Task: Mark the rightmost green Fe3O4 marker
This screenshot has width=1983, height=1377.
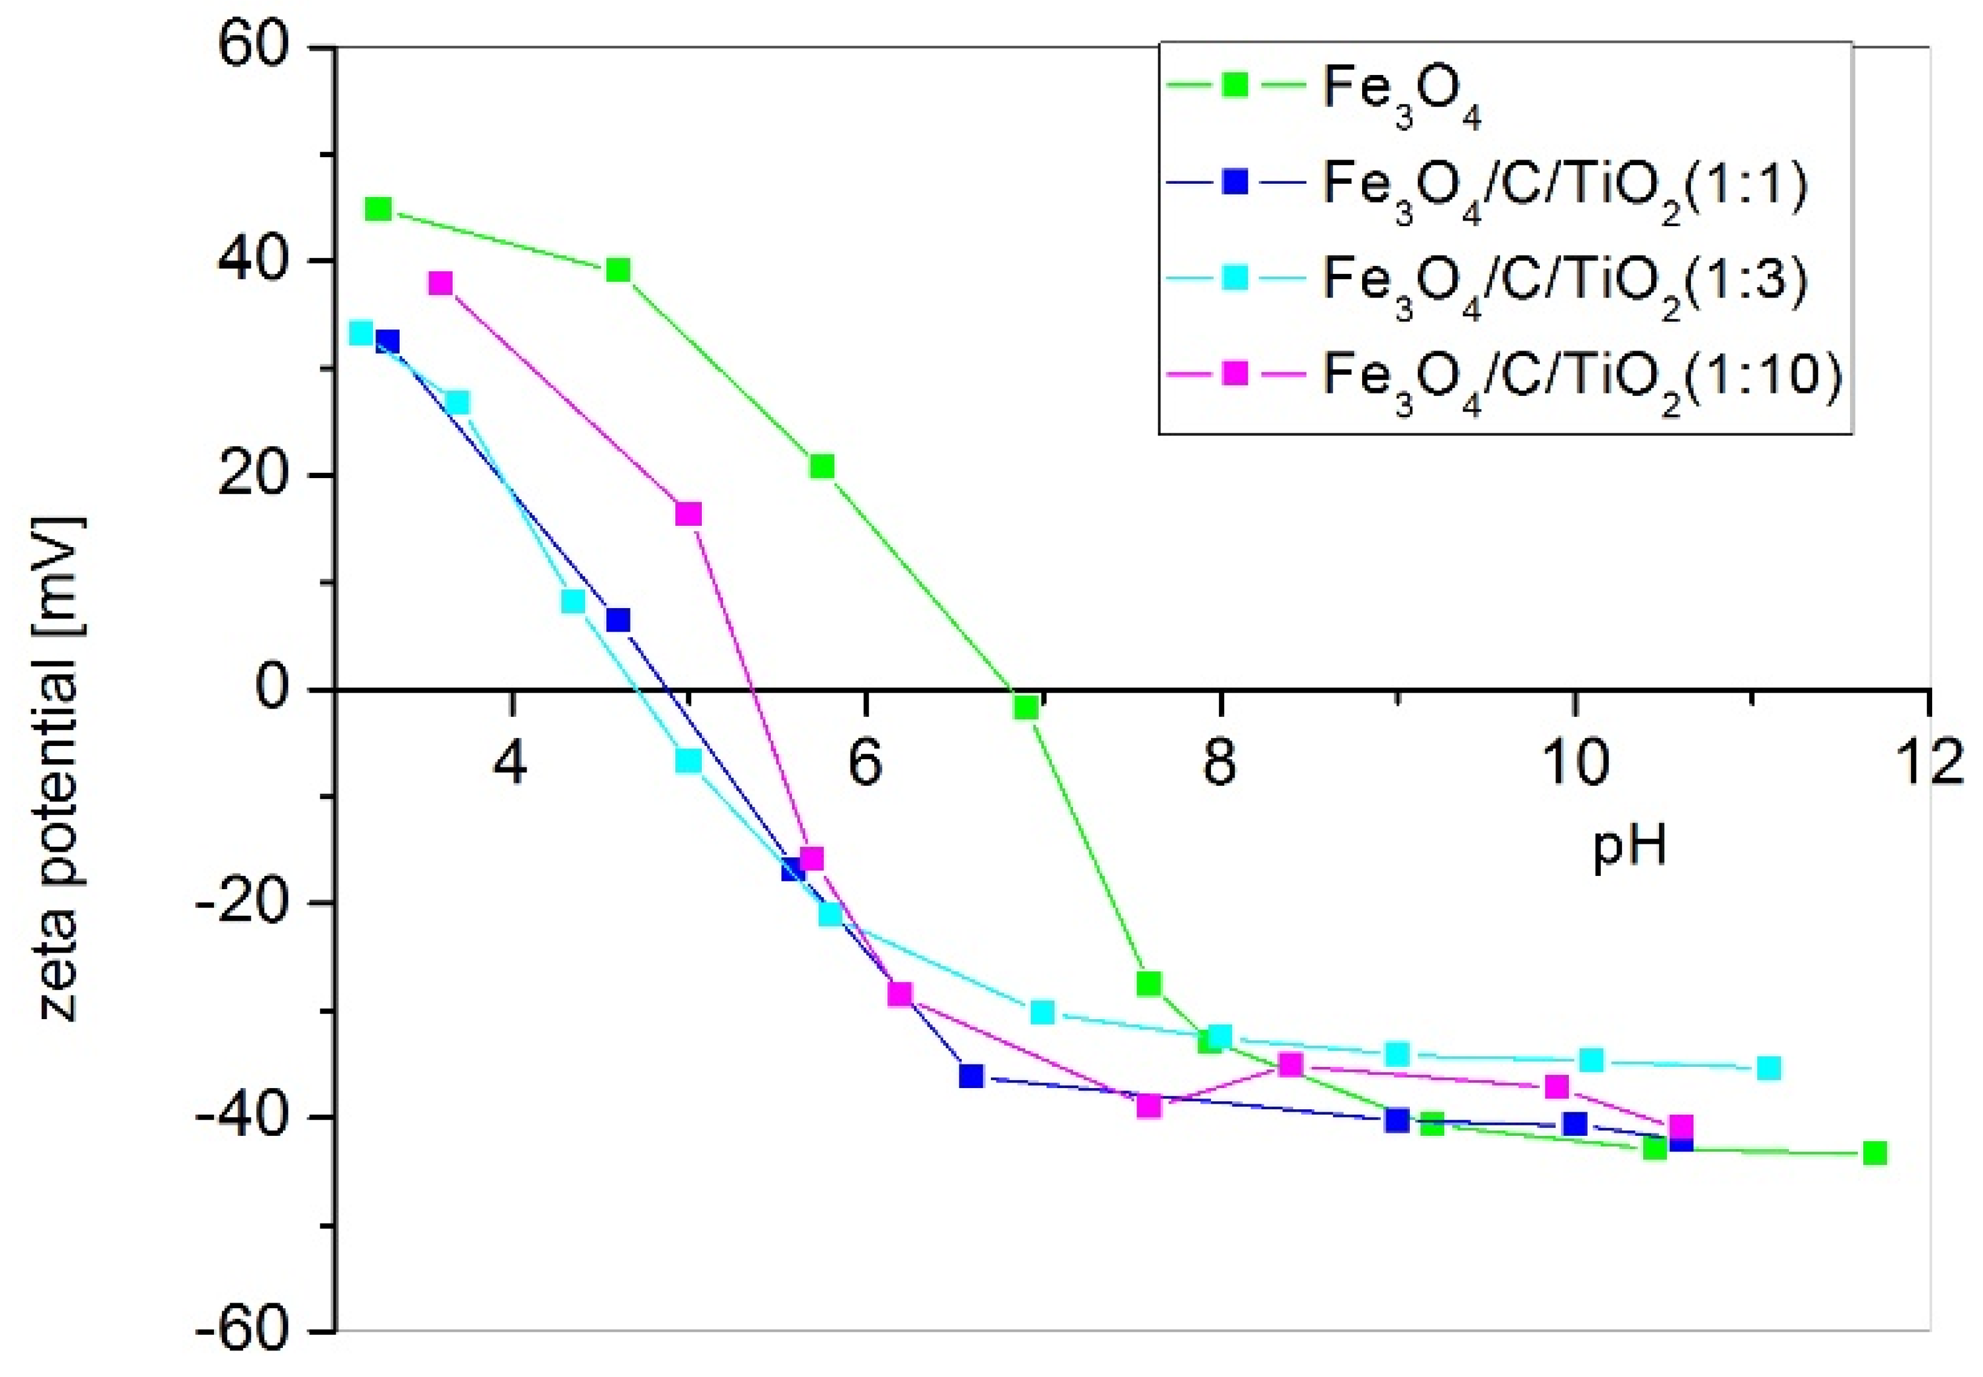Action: (1874, 1153)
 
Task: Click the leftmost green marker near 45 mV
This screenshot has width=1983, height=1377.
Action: (378, 209)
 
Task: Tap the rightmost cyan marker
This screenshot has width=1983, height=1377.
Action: (1769, 1068)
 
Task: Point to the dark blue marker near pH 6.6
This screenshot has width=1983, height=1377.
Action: (972, 1075)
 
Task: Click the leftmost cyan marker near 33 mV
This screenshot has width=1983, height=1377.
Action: (361, 333)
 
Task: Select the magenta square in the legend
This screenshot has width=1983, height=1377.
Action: (1236, 373)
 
